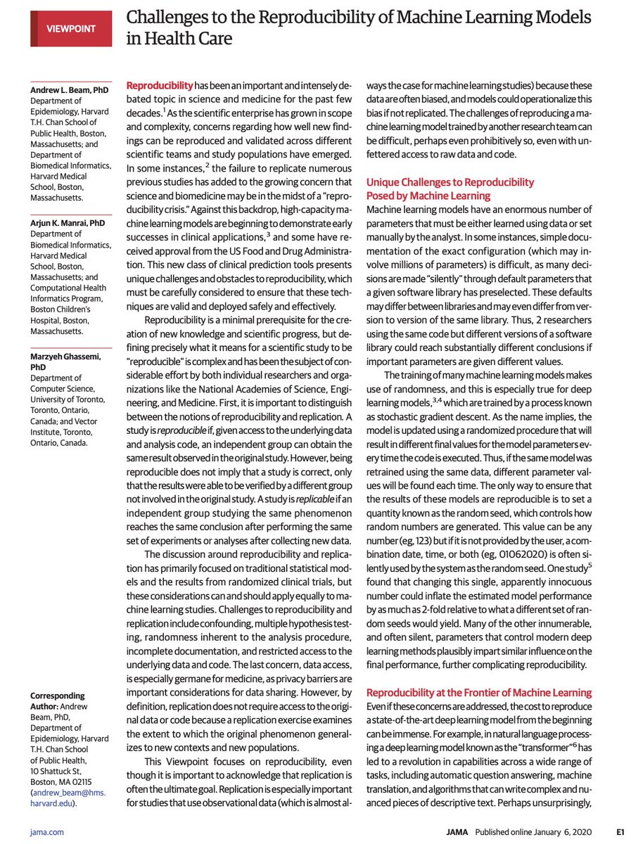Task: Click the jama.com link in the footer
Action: click(47, 832)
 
